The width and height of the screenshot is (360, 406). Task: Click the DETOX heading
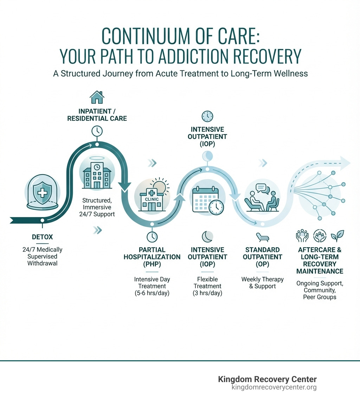click(42, 237)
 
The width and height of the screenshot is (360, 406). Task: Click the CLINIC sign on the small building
click(152, 199)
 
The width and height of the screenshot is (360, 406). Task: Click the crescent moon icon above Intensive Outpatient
click(207, 236)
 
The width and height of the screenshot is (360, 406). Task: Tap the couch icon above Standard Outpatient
click(262, 236)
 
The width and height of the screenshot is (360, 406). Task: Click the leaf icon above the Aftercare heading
click(339, 235)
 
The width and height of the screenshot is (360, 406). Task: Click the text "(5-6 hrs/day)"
click(152, 293)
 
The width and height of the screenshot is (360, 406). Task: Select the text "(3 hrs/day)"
click(207, 293)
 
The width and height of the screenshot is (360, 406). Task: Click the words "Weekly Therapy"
click(262, 279)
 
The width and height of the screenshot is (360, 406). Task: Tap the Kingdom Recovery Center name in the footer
click(267, 379)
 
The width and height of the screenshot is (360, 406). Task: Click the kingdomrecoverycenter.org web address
click(274, 387)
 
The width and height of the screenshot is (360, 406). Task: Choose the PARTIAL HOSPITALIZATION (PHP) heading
click(152, 257)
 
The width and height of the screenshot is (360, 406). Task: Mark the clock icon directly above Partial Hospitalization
click(152, 236)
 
